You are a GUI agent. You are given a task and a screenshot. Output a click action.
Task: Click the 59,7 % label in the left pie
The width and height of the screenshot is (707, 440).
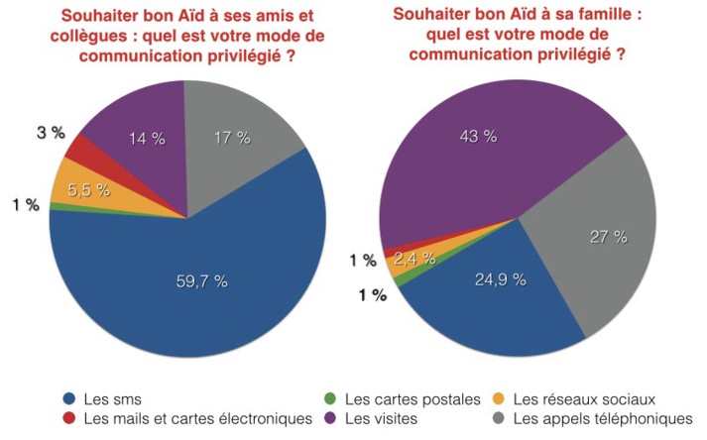coord(195,281)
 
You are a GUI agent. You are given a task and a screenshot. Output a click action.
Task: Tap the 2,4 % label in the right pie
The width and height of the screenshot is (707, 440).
coord(410,259)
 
